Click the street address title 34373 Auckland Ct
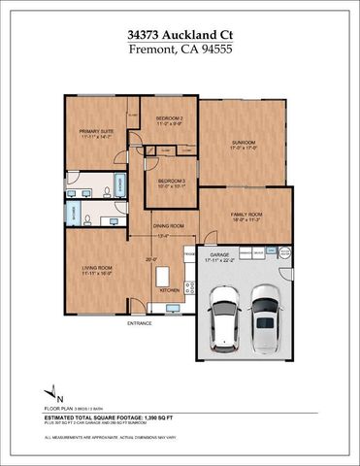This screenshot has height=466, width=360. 180,34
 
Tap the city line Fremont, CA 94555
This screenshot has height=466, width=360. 180,50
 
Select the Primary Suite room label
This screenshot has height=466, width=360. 96,134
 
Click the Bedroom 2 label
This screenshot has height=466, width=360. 170,119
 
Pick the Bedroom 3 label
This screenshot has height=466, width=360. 172,183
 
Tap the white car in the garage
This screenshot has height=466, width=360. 224,316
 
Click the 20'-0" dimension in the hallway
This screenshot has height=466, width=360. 150,259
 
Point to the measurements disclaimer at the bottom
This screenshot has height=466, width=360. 180,443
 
